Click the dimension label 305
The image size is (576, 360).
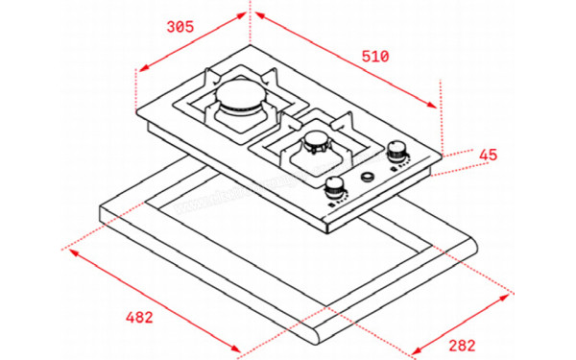tap(180, 27)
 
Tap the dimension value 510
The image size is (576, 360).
tap(374, 57)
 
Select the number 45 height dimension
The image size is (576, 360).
tap(487, 156)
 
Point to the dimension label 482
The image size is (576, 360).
tap(140, 316)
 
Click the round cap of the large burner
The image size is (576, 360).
tap(235, 96)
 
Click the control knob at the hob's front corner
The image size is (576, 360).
tap(334, 186)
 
